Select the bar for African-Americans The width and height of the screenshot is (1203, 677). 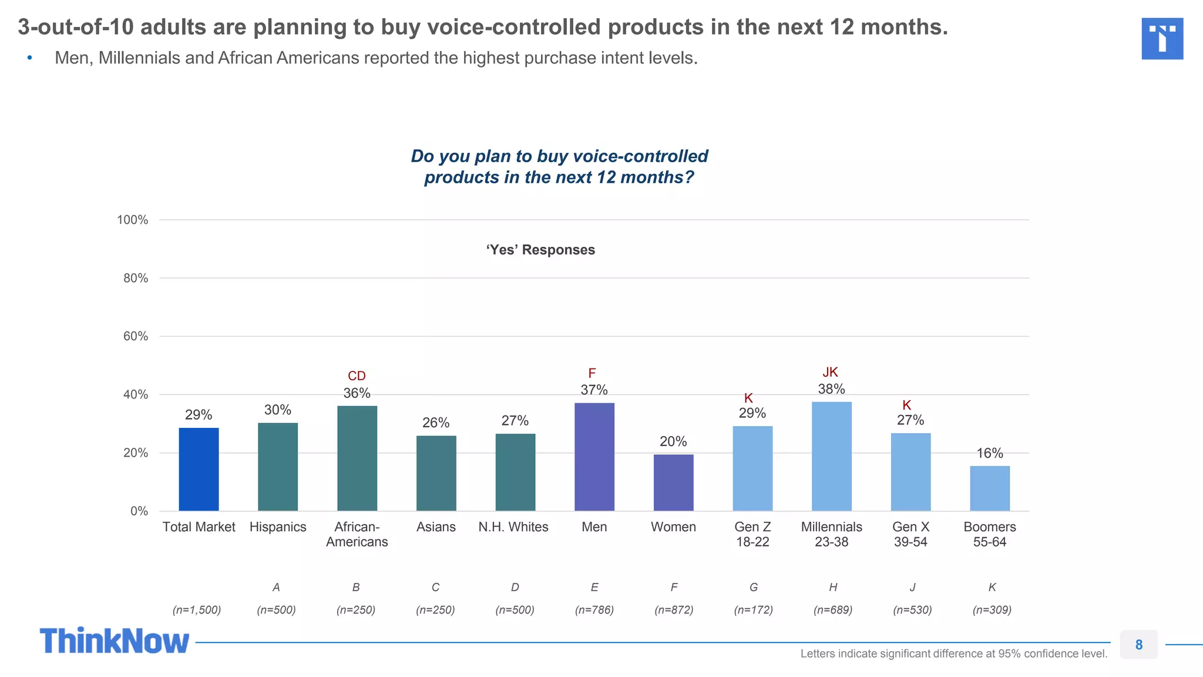tap(357, 458)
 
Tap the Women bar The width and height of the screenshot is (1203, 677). tap(673, 482)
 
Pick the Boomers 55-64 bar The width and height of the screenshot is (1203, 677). tap(990, 488)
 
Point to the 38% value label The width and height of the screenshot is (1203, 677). tap(831, 389)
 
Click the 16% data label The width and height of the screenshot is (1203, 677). tap(990, 453)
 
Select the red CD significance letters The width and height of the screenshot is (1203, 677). tap(357, 376)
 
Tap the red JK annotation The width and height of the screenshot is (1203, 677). tap(830, 372)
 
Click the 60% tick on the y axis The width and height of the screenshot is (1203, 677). tap(135, 336)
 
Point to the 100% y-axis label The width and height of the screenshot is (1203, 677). tap(132, 220)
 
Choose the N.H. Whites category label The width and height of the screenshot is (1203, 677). tap(513, 527)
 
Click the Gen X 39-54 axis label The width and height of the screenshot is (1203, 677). tap(910, 534)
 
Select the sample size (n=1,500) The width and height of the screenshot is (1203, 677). tap(197, 610)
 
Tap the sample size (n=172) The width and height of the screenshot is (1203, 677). tap(753, 610)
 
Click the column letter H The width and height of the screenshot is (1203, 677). tap(833, 587)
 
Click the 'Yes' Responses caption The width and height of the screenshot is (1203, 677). tap(540, 250)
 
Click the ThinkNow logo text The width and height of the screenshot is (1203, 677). tap(115, 641)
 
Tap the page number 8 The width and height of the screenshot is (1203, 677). tap(1138, 645)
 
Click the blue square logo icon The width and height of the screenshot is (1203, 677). tap(1162, 39)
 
